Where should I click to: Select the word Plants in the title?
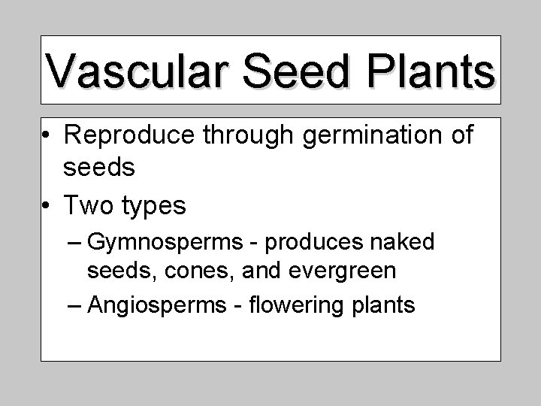[x=432, y=71]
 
